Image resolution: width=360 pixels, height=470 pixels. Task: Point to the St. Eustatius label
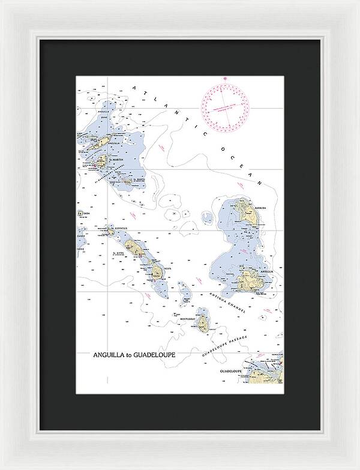point(118,229)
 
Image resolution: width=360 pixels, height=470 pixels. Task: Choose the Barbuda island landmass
point(244,211)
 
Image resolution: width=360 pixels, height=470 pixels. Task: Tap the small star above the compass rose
point(226,80)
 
